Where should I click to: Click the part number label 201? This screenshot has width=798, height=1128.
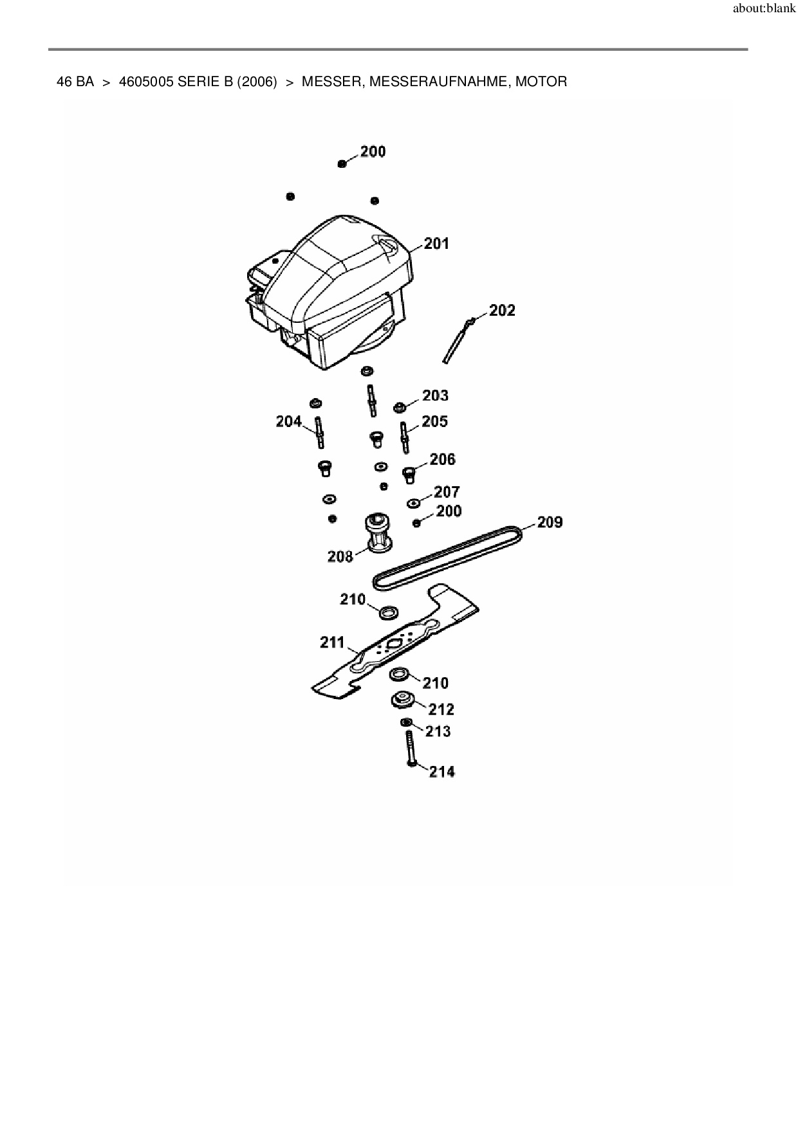pyautogui.click(x=436, y=244)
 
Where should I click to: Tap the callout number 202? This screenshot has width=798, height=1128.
pyautogui.click(x=502, y=311)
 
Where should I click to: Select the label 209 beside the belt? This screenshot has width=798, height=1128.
pyautogui.click(x=550, y=522)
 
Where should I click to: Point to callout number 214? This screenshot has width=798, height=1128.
pyautogui.click(x=442, y=771)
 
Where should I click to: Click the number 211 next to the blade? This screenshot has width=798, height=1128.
pyautogui.click(x=333, y=642)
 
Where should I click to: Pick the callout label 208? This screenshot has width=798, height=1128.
pyautogui.click(x=340, y=556)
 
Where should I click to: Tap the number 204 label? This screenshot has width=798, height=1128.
pyautogui.click(x=289, y=421)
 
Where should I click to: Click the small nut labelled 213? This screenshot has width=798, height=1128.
pyautogui.click(x=406, y=723)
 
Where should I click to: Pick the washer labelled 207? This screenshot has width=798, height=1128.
pyautogui.click(x=413, y=503)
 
